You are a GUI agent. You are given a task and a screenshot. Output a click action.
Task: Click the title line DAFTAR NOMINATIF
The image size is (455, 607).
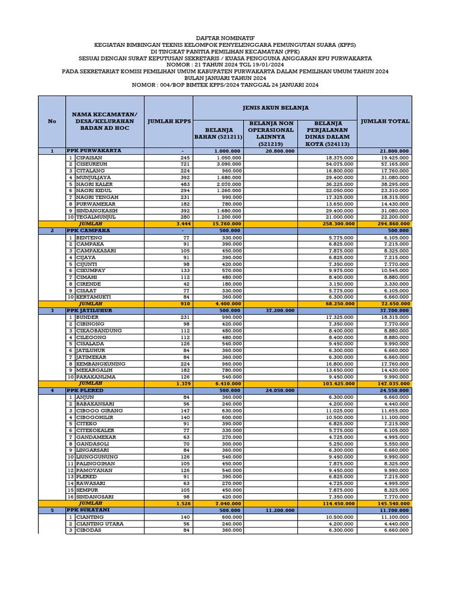point(227,36)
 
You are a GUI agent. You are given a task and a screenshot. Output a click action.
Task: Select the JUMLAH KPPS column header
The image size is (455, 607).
point(168,121)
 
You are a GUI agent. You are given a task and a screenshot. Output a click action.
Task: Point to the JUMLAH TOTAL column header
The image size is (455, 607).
point(385,121)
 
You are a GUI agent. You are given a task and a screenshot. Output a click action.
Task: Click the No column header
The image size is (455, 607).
point(52,121)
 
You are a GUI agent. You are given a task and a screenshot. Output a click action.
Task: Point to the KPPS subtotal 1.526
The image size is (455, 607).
point(184,503)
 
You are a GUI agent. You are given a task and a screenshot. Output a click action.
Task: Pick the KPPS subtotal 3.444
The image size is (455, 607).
point(184,224)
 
